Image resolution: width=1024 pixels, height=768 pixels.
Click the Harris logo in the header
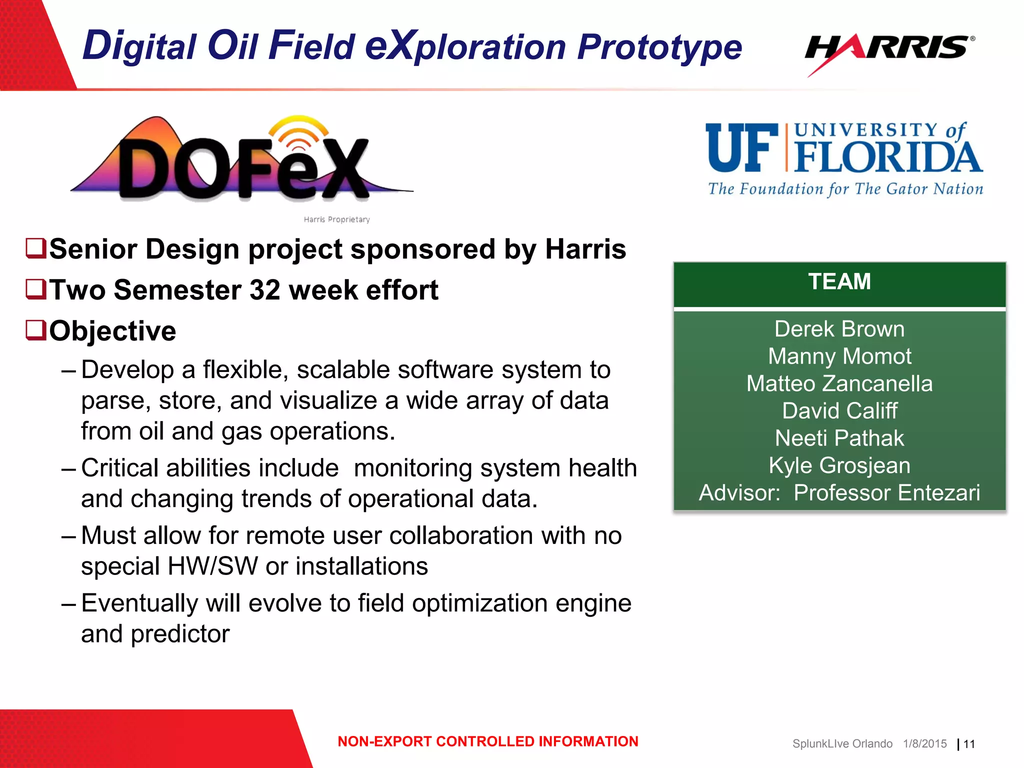pos(889,50)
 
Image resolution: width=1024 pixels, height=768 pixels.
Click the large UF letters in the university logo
pos(742,148)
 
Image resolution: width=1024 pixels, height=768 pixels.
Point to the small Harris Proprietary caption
pos(336,219)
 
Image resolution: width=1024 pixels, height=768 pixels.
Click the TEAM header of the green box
pos(839,281)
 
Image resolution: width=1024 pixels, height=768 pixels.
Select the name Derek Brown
pos(839,329)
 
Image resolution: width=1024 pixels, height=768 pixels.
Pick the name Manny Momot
pos(839,356)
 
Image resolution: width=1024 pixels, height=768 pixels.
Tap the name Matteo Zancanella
pos(839,384)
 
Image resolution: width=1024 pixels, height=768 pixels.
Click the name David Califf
pos(839,411)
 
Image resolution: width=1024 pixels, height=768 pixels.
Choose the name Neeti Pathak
pos(839,438)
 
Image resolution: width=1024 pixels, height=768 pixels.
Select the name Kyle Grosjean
pos(839,465)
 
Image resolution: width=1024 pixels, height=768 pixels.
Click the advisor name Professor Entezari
pos(886,493)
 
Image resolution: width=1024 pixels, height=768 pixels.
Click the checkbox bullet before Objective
pos(36,330)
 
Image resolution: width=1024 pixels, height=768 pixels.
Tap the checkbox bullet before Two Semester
pos(36,289)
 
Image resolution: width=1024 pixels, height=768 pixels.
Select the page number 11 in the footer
pos(969,744)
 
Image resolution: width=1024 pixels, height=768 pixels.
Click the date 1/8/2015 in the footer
pos(924,744)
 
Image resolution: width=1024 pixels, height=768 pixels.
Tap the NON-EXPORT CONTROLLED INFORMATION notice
pos(487,741)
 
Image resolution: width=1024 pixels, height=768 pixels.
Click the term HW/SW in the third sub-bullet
pos(212,566)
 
